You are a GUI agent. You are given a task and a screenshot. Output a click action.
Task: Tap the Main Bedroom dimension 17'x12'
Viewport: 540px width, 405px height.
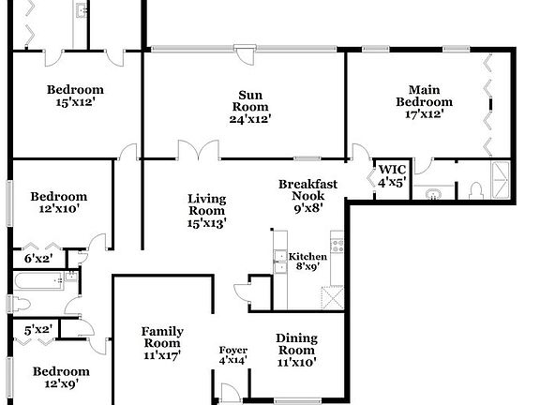coord(424,114)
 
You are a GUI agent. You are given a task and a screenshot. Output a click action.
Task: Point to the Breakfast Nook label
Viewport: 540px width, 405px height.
coord(307,185)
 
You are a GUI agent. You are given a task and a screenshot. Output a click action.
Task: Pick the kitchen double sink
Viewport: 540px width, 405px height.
coord(279,262)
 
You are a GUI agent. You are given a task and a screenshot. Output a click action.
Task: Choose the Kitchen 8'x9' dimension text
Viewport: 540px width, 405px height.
coord(307,267)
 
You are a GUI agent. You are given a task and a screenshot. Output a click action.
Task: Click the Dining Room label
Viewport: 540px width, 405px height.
coord(296,338)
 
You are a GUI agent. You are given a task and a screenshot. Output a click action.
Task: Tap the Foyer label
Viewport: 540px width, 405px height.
coord(233,350)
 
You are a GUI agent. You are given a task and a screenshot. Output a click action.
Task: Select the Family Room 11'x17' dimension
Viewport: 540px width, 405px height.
coord(162,355)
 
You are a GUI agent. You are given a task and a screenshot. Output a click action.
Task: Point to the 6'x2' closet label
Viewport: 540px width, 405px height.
coord(38,258)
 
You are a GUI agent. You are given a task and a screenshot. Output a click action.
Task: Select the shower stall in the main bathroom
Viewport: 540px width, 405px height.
coord(501,181)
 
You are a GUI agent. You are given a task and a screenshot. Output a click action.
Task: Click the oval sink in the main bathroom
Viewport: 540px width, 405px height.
coord(433,194)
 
